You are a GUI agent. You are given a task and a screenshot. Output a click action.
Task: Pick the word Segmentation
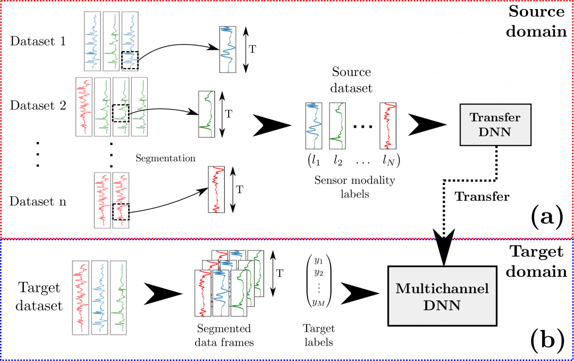click(x=166, y=158)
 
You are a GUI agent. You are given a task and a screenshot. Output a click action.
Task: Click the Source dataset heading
click(x=352, y=80)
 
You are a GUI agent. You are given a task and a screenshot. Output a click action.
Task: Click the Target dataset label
click(x=41, y=296)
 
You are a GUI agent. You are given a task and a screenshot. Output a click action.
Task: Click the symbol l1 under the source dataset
click(x=314, y=161)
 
